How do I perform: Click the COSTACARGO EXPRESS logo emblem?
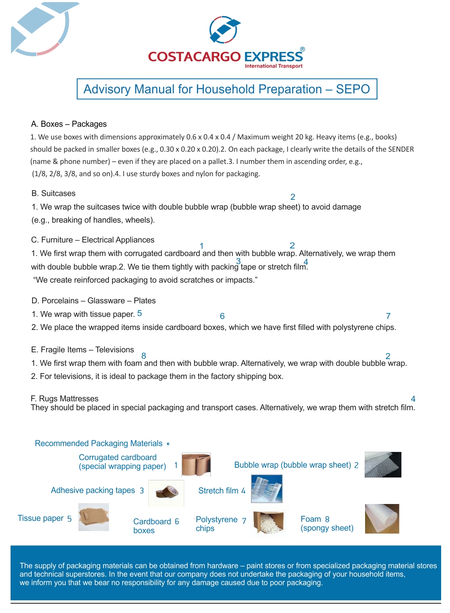coord(225,30)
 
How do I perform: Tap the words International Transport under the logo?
coord(273,66)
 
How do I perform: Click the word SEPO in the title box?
coord(353,89)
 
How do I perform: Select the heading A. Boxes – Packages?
coord(69,124)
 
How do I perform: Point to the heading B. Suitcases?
coord(53,193)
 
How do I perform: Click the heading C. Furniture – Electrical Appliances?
coord(93,240)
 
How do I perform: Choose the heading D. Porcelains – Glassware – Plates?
coord(93,301)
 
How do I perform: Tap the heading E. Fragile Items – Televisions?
coord(82,350)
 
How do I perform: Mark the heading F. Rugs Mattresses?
coord(64,398)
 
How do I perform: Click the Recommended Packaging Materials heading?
coord(98,444)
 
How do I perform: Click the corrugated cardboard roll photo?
coord(196,464)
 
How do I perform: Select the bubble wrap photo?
coord(383,465)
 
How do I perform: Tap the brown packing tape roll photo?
coord(166,493)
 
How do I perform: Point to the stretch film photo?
coord(267,489)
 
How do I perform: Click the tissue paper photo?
coord(94,517)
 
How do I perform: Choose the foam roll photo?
coord(382,519)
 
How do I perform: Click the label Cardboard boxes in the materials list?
coord(152,526)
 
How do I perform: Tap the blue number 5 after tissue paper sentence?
coord(139,313)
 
